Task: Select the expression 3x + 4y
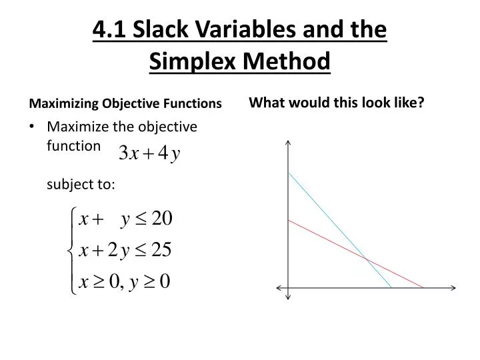(x=149, y=155)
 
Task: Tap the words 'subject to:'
(x=81, y=185)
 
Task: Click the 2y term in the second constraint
(x=118, y=250)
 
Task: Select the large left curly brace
(x=71, y=250)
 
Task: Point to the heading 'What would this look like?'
(x=337, y=103)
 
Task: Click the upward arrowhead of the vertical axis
(x=289, y=142)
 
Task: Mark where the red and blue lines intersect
(x=365, y=258)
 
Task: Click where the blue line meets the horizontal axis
(x=392, y=288)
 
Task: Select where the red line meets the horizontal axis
(x=424, y=288)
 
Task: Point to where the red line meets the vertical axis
(x=289, y=219)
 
